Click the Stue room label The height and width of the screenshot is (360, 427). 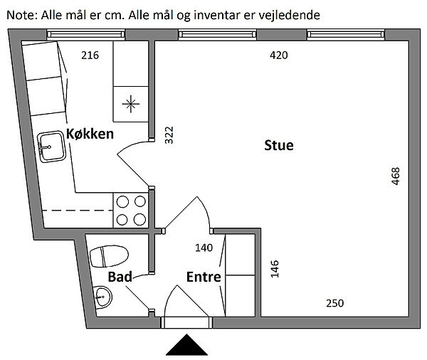coord(279,146)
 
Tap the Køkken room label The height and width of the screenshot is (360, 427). coord(90,134)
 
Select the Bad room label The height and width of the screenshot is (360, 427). coord(120,276)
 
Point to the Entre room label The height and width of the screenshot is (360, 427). coord(204,277)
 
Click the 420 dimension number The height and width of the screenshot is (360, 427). coord(278,55)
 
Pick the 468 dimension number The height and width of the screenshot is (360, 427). coord(396,176)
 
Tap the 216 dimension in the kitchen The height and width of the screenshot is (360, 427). coord(90,55)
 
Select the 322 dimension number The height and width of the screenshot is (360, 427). coord(169,135)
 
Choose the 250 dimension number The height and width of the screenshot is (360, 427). coord(334,303)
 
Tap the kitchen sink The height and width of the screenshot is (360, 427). coord(53,147)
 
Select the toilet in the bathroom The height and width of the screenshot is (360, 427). coord(109,255)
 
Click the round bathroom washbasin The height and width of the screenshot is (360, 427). coord(102,297)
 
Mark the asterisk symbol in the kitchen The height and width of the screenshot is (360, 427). coord(131,104)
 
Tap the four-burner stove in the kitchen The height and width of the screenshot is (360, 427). coord(131,211)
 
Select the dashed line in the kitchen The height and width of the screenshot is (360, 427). coord(78,211)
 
